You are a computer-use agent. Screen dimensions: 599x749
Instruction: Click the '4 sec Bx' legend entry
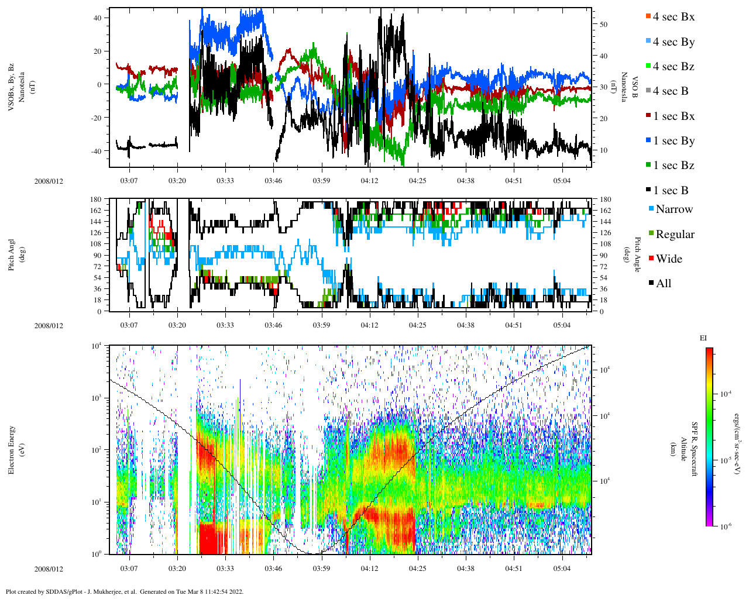(674, 17)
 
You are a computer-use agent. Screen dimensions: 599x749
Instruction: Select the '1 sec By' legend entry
(674, 141)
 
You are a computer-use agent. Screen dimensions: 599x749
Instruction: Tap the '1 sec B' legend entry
(671, 191)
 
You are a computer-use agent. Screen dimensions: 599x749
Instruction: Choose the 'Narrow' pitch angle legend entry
(674, 209)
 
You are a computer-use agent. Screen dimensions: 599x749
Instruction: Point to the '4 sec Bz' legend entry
(674, 67)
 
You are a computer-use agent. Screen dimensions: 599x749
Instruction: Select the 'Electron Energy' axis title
(11, 449)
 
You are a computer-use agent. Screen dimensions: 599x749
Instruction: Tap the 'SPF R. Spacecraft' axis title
(695, 449)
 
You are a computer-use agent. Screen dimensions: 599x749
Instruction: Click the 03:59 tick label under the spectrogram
(321, 568)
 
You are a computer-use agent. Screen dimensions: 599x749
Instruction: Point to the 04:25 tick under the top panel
(417, 181)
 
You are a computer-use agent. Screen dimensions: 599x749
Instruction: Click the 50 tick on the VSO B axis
(603, 25)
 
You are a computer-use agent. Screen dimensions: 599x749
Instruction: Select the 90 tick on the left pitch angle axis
(96, 256)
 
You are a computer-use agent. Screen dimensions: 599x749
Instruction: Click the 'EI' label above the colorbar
(703, 338)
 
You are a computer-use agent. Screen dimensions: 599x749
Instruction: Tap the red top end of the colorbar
(709, 350)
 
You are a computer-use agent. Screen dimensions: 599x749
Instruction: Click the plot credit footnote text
(124, 591)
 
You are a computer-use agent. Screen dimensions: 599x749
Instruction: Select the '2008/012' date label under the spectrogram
(49, 569)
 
